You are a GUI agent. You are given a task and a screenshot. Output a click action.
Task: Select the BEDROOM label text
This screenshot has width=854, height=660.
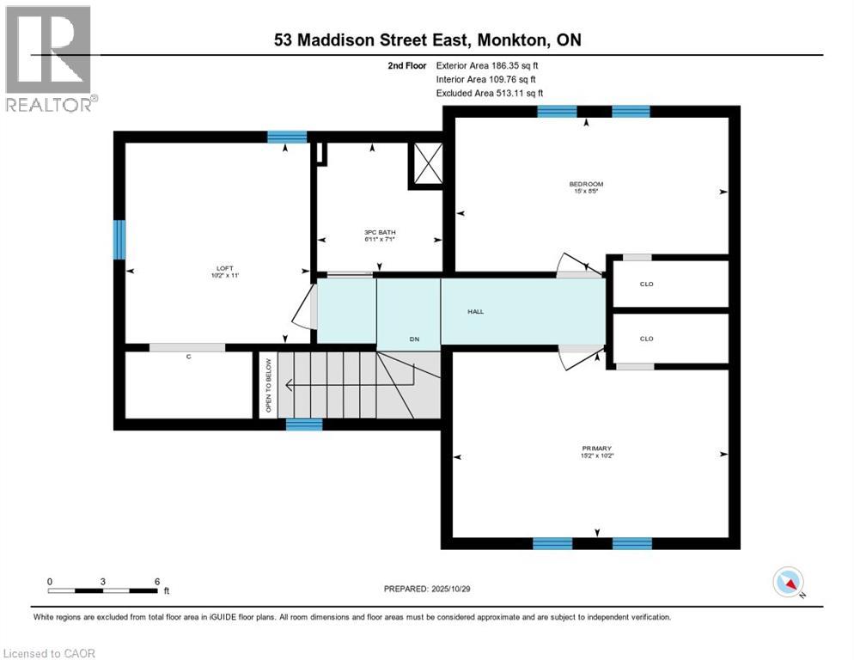click(586, 186)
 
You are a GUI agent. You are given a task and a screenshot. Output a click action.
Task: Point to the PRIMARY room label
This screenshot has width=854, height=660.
click(596, 451)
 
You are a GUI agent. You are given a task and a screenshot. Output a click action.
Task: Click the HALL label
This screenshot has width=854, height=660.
click(475, 311)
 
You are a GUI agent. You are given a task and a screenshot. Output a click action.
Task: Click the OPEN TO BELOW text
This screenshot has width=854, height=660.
click(268, 386)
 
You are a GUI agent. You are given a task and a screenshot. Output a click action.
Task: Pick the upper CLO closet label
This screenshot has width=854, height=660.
click(646, 284)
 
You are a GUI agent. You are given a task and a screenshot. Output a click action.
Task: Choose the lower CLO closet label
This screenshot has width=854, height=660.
click(646, 339)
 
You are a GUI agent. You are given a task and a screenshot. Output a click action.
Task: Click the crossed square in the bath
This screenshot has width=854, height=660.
click(426, 163)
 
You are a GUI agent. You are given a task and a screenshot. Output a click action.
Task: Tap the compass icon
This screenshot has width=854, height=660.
click(788, 583)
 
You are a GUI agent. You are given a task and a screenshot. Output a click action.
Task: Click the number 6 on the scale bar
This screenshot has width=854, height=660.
click(157, 581)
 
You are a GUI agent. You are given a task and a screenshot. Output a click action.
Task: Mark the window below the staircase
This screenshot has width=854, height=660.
click(304, 425)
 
